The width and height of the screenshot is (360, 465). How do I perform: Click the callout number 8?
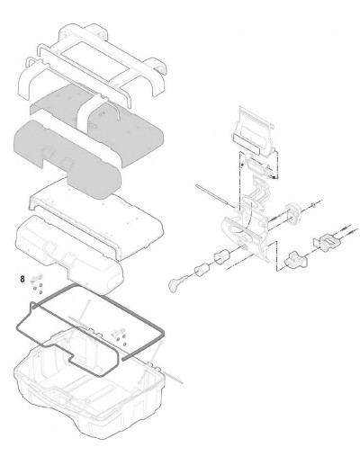tap(22, 279)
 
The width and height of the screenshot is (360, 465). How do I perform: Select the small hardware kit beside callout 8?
tap(37, 283)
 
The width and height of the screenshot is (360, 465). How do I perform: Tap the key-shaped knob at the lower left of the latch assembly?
tap(176, 283)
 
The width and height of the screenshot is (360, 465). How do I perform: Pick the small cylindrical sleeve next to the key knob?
tap(202, 270)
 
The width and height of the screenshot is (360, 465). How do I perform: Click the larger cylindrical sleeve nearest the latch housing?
tap(221, 256)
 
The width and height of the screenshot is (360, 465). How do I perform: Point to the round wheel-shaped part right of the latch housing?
tap(292, 214)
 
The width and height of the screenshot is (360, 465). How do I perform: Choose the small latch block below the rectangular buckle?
tap(295, 260)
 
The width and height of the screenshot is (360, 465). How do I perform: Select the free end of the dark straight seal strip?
tap(123, 358)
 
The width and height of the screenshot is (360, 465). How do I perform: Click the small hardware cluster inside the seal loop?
tap(120, 337)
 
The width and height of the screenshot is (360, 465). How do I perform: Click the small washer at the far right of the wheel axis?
tap(313, 205)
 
